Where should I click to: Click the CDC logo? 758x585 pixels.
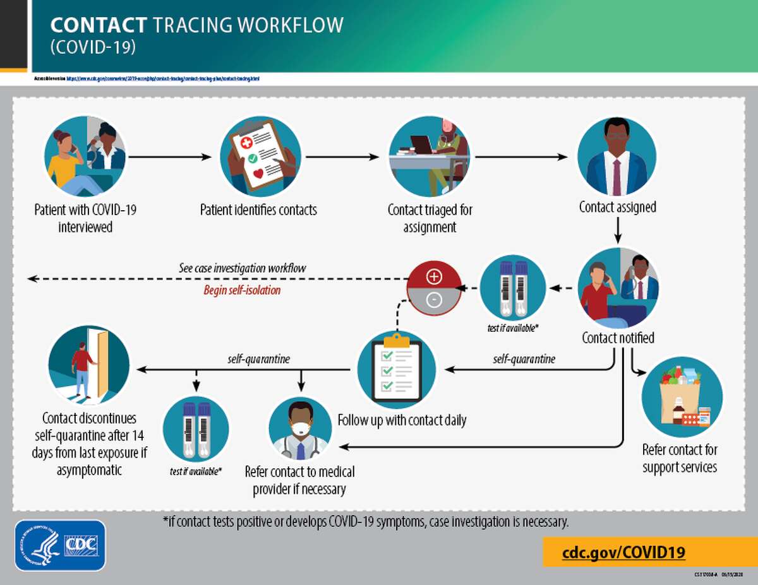60,545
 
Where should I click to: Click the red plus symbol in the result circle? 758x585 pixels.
434,277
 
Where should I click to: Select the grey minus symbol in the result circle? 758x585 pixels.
434,300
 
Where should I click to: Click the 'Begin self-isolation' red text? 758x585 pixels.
242,290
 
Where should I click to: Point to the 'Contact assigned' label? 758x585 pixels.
617,207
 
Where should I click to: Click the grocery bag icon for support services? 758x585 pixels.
682,398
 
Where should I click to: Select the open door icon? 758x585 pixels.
89,365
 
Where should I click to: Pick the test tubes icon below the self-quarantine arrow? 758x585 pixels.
195,429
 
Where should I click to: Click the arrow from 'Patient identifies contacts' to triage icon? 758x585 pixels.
341,157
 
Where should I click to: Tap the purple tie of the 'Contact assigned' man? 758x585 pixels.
617,176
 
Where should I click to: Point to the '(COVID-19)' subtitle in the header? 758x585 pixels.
93,47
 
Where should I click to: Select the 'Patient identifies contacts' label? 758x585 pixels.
258,210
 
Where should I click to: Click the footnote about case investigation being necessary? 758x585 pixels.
366,523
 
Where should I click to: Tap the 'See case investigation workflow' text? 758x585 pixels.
242,268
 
